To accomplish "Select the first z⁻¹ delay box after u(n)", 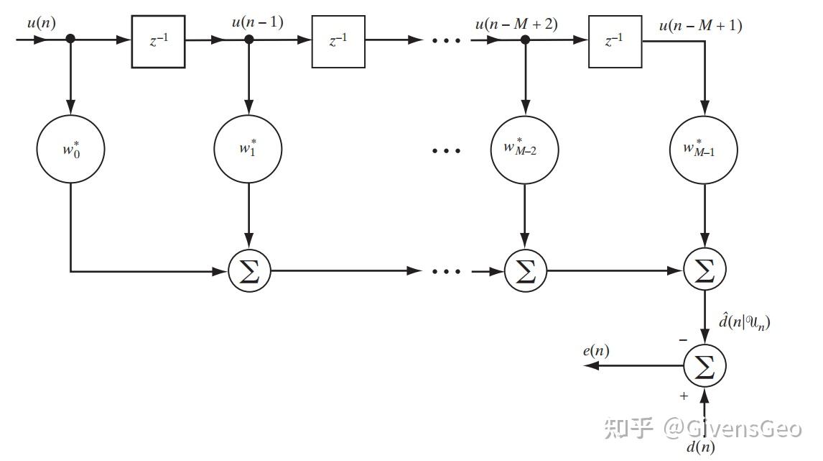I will point(158,41).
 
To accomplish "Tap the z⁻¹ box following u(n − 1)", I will point(338,41).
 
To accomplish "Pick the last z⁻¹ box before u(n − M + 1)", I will point(615,41).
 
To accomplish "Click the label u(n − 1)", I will point(257,22).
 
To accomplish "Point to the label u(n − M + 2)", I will point(516,24).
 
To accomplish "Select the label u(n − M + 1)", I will point(700,26).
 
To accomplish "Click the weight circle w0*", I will point(70,150).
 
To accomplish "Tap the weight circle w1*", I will point(248,150).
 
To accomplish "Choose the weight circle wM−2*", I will point(525,150).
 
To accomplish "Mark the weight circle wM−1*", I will point(703,150).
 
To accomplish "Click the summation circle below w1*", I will point(248,271).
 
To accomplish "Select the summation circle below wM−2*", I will point(525,271).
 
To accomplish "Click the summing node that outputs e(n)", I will point(704,366).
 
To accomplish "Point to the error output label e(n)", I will point(596,351).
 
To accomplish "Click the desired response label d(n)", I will point(700,447).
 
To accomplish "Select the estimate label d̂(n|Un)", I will point(744,322).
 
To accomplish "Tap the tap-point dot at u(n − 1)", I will point(248,40).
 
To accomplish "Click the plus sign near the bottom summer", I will point(684,396).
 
